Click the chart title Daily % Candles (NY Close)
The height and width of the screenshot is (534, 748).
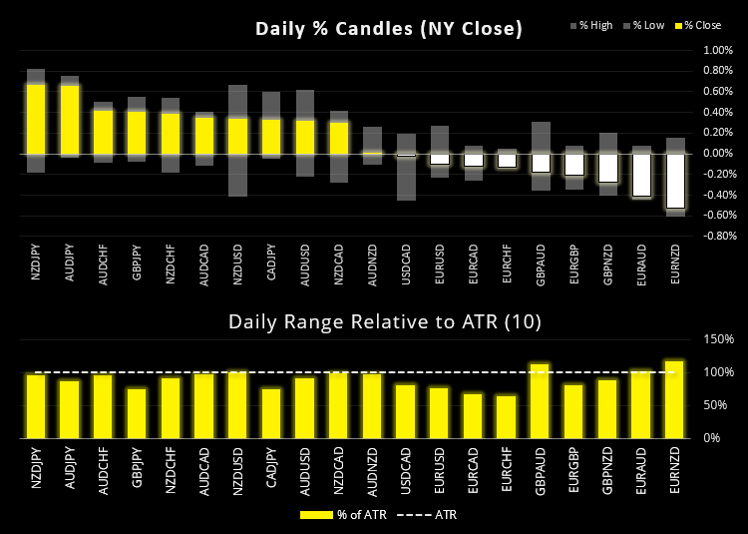coord(389,29)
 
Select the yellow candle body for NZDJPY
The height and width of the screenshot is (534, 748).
coord(36,119)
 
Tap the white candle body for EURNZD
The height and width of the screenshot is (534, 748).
coord(676,181)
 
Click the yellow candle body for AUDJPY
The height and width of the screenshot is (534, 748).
coord(70,119)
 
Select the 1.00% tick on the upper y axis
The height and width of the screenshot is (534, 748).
coord(718,50)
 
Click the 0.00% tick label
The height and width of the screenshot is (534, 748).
coord(718,154)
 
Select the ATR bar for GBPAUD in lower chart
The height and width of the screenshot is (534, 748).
coord(541,400)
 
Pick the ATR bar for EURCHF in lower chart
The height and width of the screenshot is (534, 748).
coord(507,416)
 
